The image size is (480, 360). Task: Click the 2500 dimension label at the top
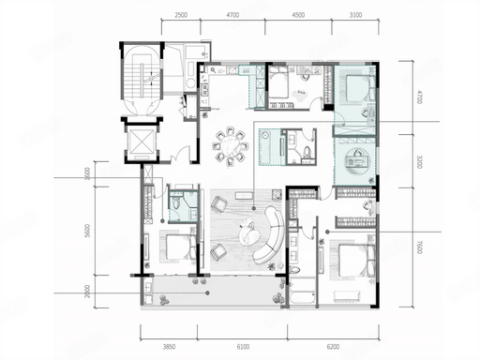(181, 15)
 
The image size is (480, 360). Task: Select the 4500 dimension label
(298, 15)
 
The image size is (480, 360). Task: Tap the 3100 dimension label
(355, 15)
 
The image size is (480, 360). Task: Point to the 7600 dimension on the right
(420, 247)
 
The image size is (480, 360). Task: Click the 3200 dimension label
(420, 162)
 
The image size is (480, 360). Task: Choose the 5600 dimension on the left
(87, 231)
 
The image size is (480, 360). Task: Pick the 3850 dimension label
(169, 347)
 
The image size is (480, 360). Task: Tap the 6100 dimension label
(243, 347)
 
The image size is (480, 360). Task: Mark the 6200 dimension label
(333, 347)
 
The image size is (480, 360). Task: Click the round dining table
(231, 145)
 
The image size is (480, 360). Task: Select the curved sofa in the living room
(270, 235)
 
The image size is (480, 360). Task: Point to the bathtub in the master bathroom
(302, 297)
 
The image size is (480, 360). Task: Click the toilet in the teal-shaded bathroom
(176, 203)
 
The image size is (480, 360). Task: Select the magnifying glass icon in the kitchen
(213, 70)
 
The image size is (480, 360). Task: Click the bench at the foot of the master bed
(347, 296)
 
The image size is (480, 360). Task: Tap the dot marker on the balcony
(207, 292)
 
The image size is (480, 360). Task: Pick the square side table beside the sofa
(277, 194)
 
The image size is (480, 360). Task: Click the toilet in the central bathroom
(307, 152)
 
